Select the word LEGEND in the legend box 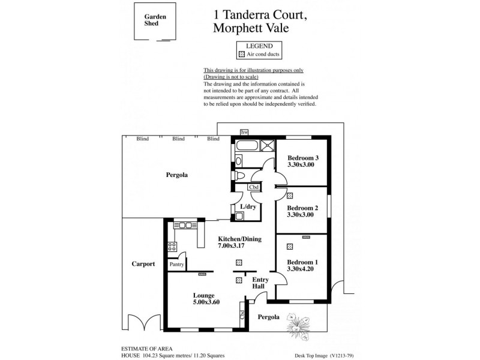[x=259, y=46]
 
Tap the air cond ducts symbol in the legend [x=242, y=54]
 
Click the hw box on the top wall [x=244, y=132]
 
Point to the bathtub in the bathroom [x=247, y=146]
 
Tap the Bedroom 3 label [x=302, y=158]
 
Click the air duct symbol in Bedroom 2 [x=290, y=196]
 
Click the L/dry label [x=248, y=207]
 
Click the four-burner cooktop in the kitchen [x=172, y=246]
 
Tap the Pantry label [x=176, y=264]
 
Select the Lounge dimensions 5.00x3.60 [x=206, y=302]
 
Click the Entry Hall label [x=260, y=283]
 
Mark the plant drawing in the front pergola [x=298, y=323]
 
